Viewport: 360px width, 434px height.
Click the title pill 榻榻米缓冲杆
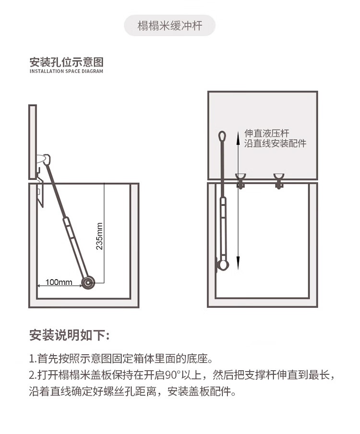pos(169,25)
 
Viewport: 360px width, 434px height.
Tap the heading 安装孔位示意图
pos(67,62)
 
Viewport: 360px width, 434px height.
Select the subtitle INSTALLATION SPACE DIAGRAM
pos(66,71)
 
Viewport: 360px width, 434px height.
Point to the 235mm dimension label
pos(99,236)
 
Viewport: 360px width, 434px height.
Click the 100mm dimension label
pos(59,282)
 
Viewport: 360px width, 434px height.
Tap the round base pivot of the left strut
pos(88,283)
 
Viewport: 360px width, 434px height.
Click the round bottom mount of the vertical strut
pos(223,265)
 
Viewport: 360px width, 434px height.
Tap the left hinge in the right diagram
pos(240,180)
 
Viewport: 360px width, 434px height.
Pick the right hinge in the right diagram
pos(278,180)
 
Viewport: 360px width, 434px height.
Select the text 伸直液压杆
pos(266,133)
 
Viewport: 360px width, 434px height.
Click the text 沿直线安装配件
pos(275,143)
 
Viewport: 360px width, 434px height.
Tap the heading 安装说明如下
pos(69,335)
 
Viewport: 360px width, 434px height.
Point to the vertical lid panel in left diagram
pos(33,142)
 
